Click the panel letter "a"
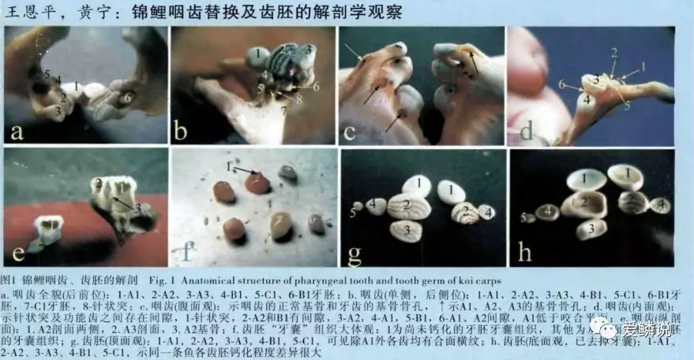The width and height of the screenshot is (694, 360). point(17,131)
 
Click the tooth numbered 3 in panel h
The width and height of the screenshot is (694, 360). point(591,230)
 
